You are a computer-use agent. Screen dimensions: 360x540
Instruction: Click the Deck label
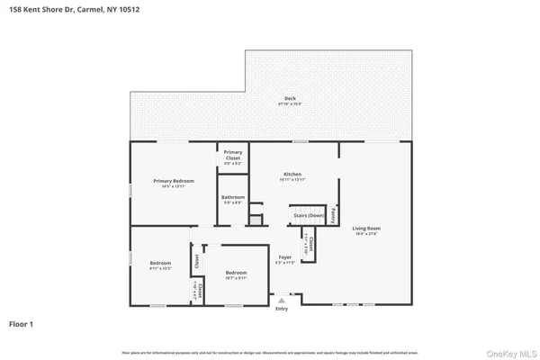click(x=290, y=98)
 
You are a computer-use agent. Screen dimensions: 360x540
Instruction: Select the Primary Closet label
click(x=233, y=153)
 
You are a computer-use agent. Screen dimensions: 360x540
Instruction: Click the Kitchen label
click(x=292, y=174)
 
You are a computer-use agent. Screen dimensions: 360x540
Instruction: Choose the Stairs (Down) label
click(x=305, y=217)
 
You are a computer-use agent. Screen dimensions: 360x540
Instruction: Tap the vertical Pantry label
click(x=334, y=215)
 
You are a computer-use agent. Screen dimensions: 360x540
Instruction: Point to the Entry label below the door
click(x=283, y=309)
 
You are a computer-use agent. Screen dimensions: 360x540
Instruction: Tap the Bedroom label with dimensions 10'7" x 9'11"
click(x=237, y=273)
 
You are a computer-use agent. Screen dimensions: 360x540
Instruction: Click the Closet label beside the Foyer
click(x=310, y=242)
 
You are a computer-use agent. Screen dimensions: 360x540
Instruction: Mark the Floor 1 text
click(x=22, y=322)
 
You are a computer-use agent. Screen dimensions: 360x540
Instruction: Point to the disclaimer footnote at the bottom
click(x=269, y=350)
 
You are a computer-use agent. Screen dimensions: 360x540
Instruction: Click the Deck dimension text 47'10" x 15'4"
click(x=290, y=104)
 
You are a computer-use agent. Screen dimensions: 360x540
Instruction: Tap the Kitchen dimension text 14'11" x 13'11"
click(x=292, y=180)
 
